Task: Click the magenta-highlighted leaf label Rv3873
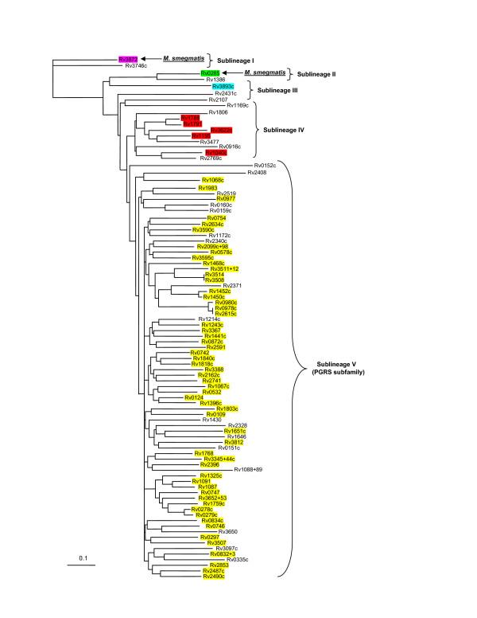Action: (x=128, y=59)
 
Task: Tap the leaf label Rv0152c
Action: (x=264, y=166)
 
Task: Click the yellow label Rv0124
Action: (x=193, y=397)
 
